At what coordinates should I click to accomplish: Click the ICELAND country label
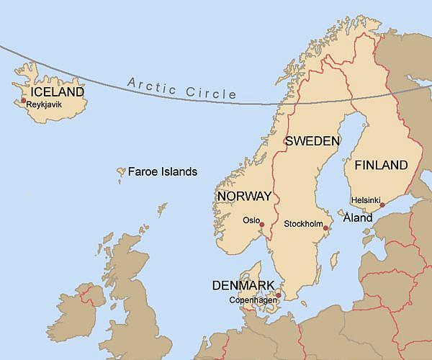point(58,92)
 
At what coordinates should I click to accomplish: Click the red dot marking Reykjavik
point(24,101)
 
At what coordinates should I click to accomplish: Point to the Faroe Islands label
point(162,172)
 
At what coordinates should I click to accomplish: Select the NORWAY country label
point(244,196)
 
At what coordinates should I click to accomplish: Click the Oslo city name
point(251,220)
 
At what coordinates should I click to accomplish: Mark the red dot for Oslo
point(262,225)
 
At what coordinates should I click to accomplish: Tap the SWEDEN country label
point(312,141)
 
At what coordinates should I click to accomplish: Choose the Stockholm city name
point(303,224)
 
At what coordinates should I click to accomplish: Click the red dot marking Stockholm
point(325,228)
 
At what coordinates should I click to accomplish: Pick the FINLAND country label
point(381,166)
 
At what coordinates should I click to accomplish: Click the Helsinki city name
point(365,200)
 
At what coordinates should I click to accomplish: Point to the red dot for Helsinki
point(382,205)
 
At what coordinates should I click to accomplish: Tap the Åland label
point(358,217)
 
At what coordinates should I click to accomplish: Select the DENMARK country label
point(243,285)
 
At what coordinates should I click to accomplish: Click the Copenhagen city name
point(253,300)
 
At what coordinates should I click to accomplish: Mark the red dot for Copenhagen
point(279,294)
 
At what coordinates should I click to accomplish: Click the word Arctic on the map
point(153,86)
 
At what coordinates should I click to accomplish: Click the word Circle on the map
point(210,92)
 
